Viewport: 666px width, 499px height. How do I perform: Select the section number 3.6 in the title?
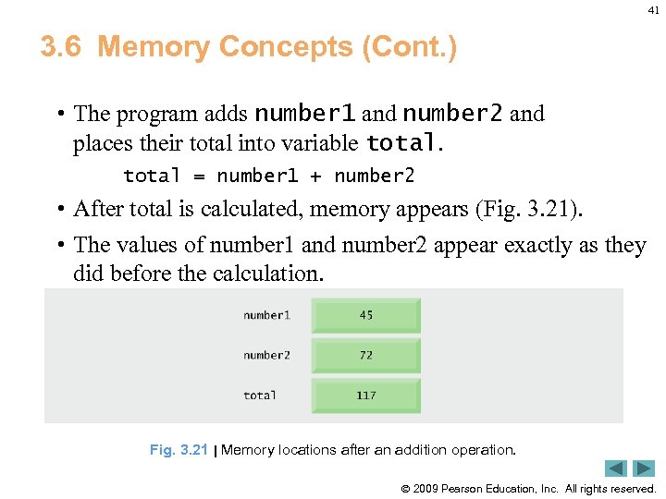point(61,46)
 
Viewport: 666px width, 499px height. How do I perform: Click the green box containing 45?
point(366,315)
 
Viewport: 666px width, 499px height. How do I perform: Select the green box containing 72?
point(366,355)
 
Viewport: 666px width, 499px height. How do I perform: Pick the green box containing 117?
point(366,396)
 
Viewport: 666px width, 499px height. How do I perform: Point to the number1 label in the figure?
point(266,315)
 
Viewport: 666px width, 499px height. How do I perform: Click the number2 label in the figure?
point(266,355)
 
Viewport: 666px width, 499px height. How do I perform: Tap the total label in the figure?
point(260,396)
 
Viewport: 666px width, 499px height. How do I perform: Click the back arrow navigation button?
point(616,469)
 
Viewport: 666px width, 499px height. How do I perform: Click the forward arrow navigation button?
point(644,469)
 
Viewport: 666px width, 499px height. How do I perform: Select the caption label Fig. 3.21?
point(179,450)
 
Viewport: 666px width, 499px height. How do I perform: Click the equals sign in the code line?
point(199,176)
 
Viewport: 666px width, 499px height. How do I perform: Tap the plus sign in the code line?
point(316,176)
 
